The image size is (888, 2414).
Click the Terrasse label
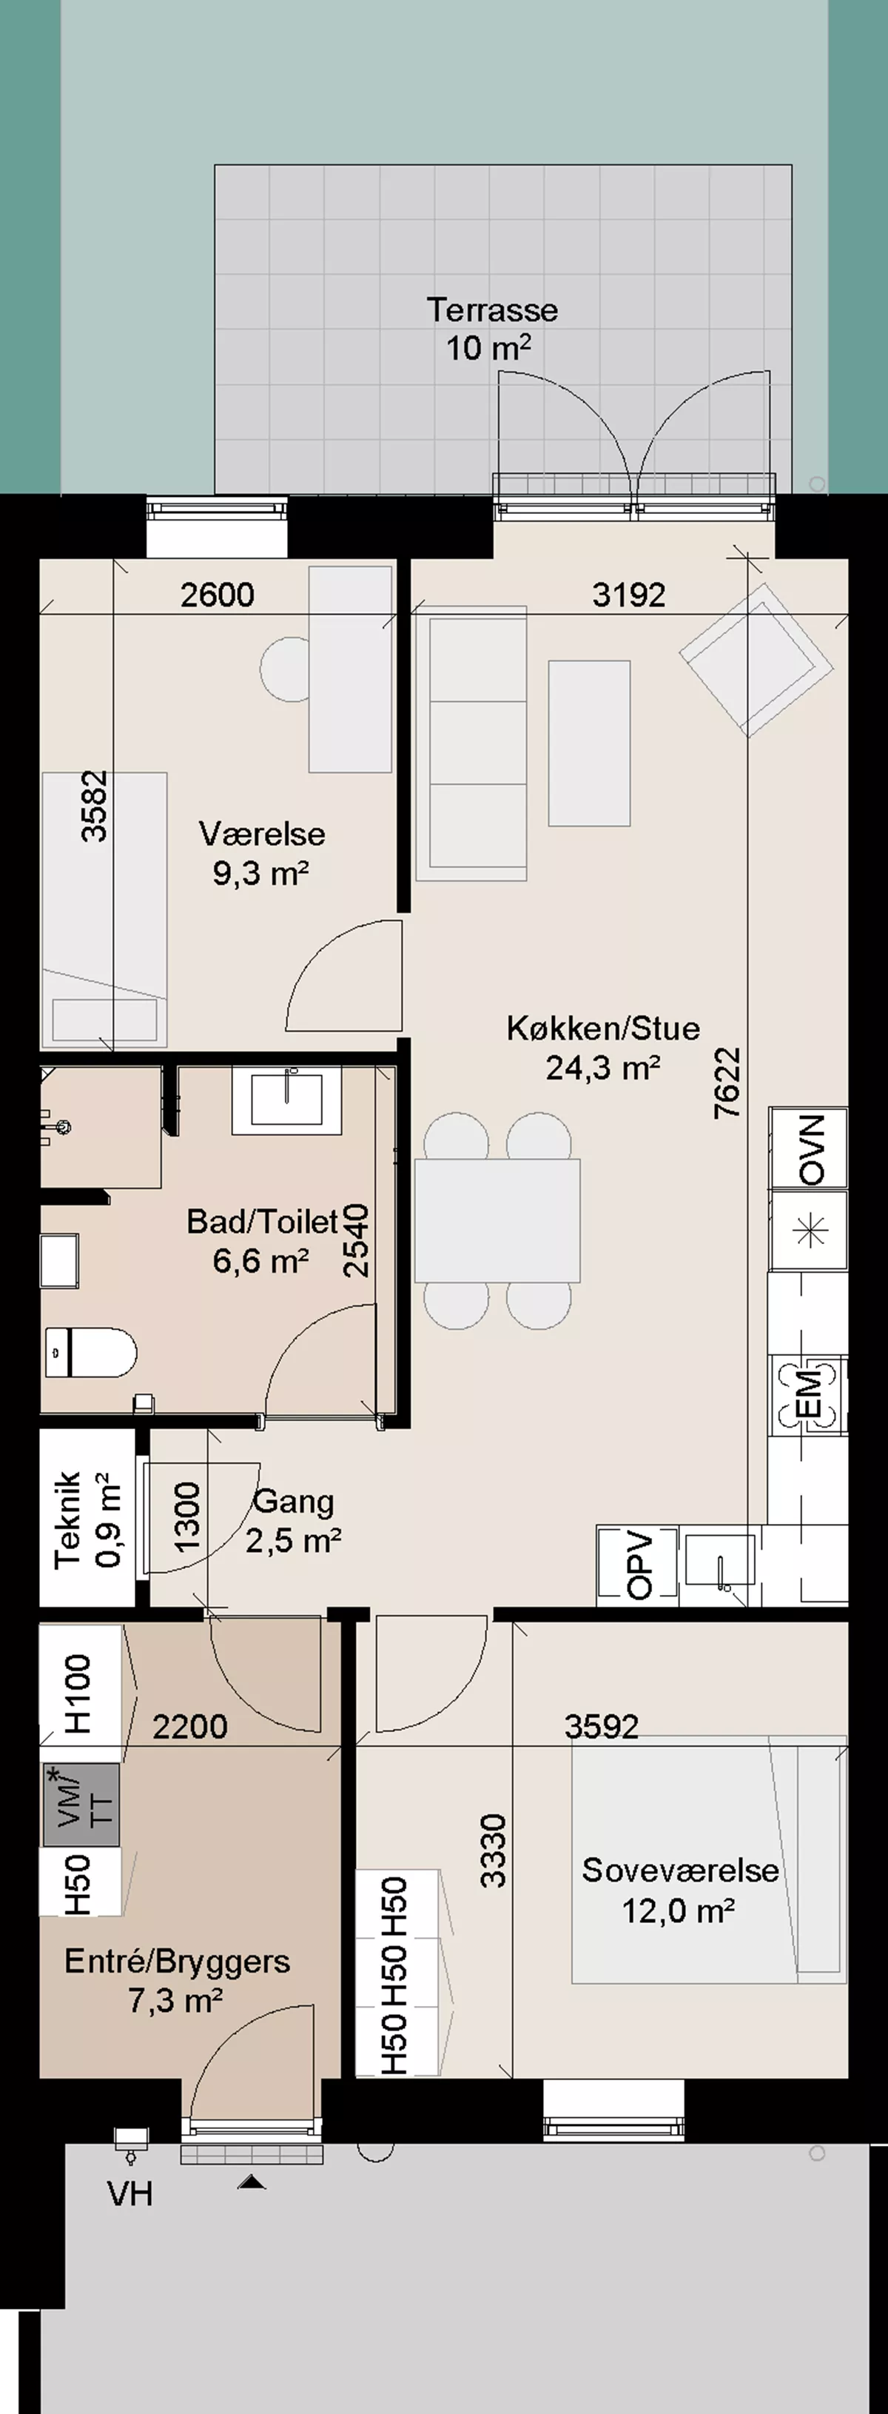click(492, 310)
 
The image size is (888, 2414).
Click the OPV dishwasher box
click(637, 1564)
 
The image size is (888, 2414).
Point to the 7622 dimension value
click(727, 1083)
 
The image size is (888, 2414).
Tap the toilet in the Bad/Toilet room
click(90, 1352)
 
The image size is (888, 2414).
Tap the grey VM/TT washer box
click(81, 1805)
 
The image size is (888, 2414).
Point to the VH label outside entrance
click(130, 2194)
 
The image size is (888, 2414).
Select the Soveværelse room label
click(680, 1870)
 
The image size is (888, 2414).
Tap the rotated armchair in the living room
click(756, 660)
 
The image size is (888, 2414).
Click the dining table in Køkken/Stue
click(497, 1220)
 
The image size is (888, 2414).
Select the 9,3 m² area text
click(261, 873)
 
